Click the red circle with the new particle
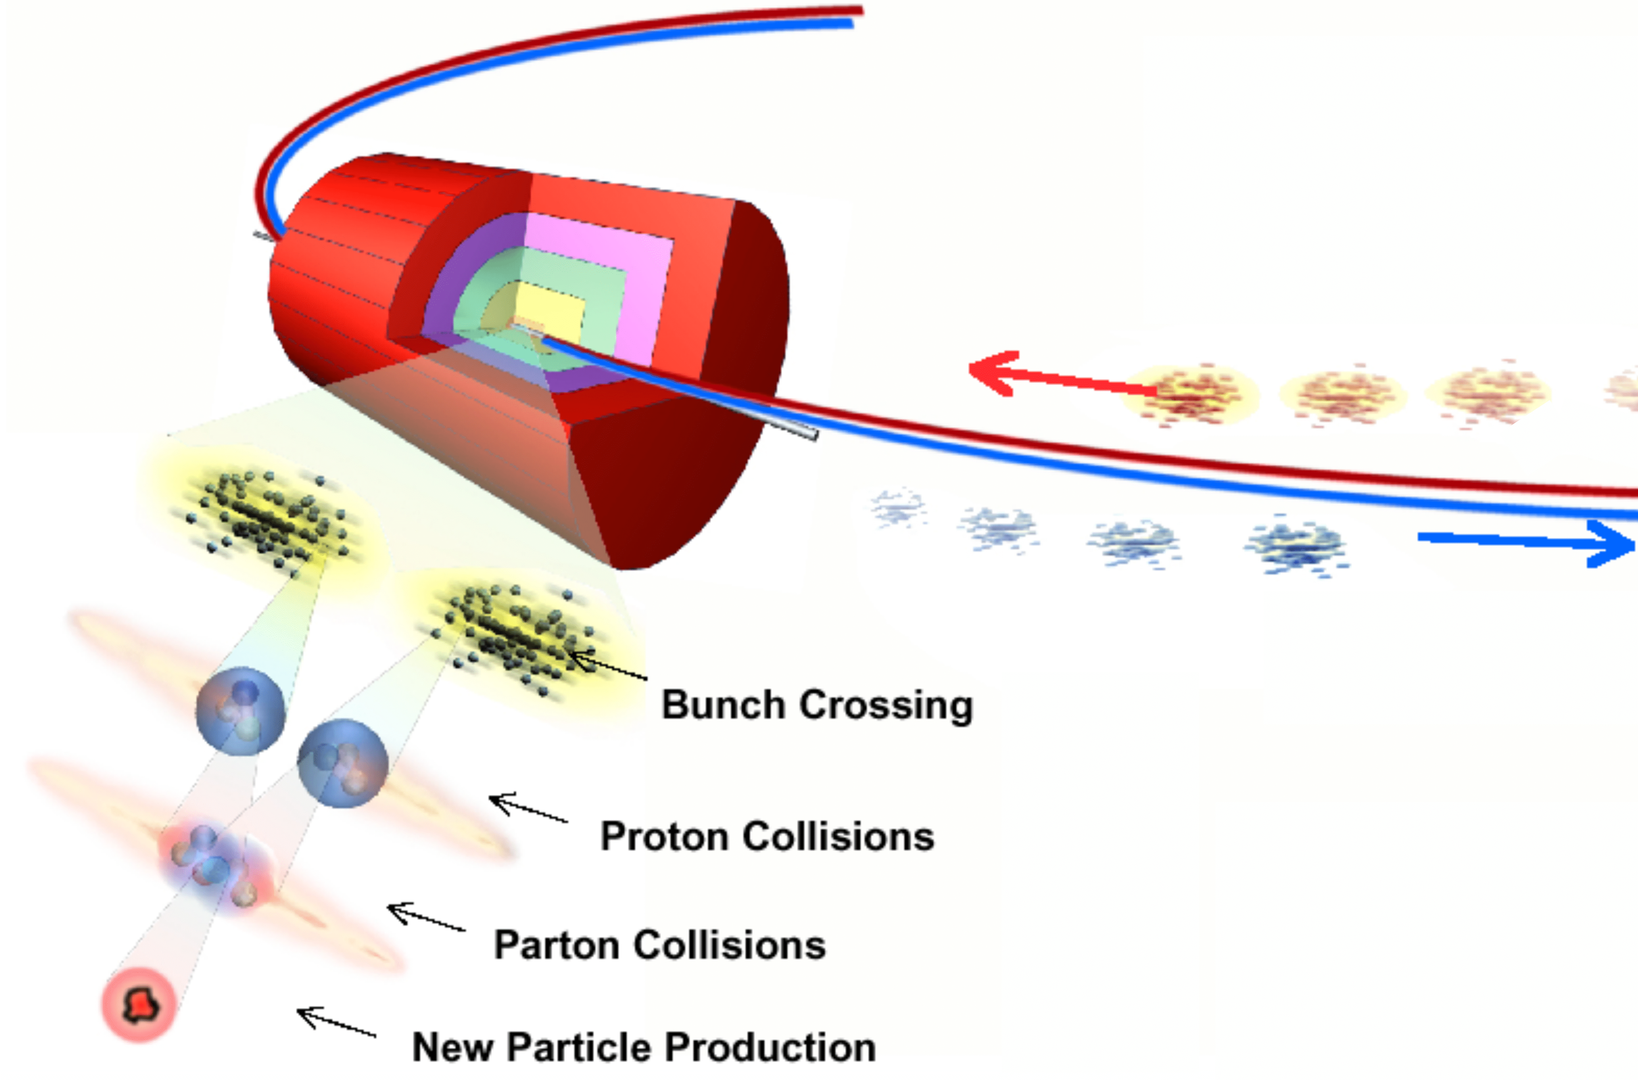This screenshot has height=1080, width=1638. [x=139, y=1005]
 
